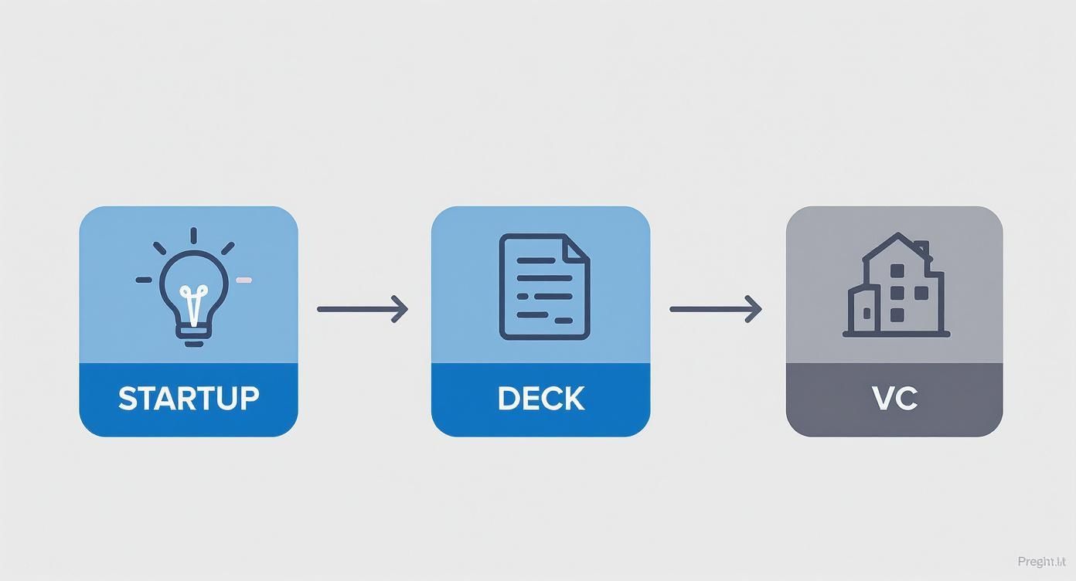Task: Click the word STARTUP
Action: point(189,399)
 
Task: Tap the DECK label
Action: point(541,399)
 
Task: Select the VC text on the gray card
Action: point(894,399)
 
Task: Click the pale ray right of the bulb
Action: point(243,280)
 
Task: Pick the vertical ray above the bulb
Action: point(193,236)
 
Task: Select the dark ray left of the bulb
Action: point(144,280)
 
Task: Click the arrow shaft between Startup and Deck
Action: point(356,309)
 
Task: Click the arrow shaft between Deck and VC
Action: point(708,309)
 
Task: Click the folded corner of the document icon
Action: point(576,248)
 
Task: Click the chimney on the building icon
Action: point(921,249)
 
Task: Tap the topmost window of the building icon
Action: point(897,271)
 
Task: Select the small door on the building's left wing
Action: point(867,313)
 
